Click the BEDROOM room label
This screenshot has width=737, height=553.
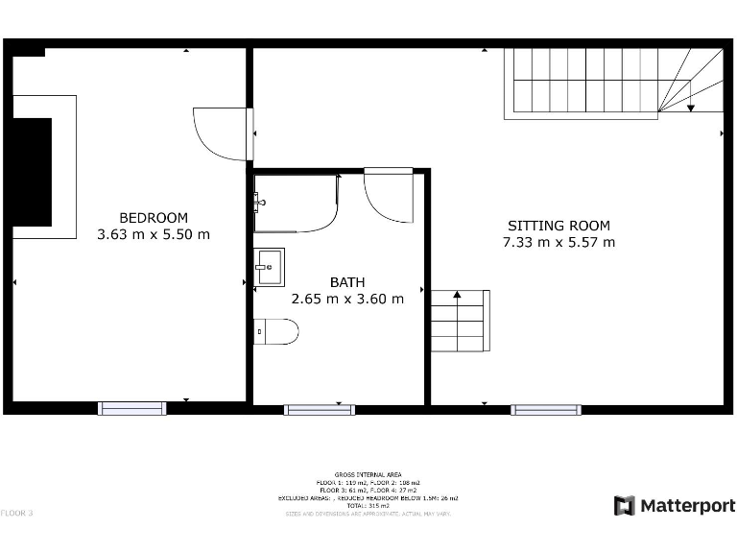point(154,218)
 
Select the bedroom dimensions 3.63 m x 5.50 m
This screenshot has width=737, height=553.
point(154,234)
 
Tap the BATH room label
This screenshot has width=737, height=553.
point(347,282)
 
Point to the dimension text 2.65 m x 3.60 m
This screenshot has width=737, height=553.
point(347,299)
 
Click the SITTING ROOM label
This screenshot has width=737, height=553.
point(559,226)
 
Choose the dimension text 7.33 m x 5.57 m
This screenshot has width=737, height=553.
point(559,242)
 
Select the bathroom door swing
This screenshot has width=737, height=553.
point(388,196)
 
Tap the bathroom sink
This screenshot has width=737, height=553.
point(269,267)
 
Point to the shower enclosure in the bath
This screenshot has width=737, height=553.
point(296,203)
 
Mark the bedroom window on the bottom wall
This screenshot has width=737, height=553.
point(132,409)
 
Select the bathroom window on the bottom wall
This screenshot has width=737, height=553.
point(319,410)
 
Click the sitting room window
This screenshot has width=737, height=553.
point(545,410)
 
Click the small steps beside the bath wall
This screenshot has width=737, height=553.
point(460,321)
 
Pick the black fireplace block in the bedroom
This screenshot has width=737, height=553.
point(31,172)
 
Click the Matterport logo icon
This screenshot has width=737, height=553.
point(625,505)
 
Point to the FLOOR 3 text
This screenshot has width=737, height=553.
point(16,513)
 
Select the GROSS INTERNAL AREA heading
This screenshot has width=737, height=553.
point(368,474)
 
